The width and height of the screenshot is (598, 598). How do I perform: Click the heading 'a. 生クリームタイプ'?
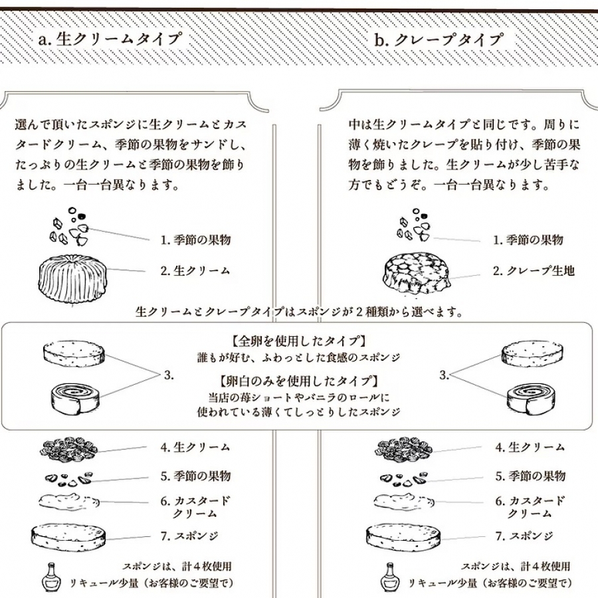pyautogui.click(x=110, y=39)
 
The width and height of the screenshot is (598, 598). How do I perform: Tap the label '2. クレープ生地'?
pyautogui.click(x=533, y=270)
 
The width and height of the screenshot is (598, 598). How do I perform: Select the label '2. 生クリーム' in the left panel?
pyautogui.click(x=195, y=270)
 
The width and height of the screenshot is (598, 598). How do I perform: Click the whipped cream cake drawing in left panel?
pyautogui.click(x=72, y=278)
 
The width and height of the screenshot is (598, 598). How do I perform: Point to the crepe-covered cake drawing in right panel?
pyautogui.click(x=415, y=274)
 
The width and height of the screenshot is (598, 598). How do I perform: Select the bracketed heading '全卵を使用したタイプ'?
pyautogui.click(x=299, y=342)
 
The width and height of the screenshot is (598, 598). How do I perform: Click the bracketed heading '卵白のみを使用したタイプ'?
pyautogui.click(x=299, y=381)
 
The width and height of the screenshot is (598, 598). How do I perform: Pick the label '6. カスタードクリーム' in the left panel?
pyautogui.click(x=195, y=507)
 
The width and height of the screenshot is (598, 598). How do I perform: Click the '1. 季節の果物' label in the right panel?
pyautogui.click(x=528, y=240)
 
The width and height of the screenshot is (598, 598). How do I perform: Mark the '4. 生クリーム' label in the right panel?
pyautogui.click(x=530, y=447)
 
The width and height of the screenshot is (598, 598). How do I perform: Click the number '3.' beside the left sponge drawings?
pyautogui.click(x=168, y=375)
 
